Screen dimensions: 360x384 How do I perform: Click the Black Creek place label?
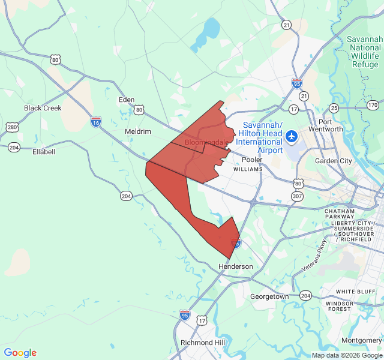click(x=43, y=108)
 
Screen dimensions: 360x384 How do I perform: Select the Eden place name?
click(x=127, y=100)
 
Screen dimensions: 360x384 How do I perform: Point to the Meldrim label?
click(x=137, y=131)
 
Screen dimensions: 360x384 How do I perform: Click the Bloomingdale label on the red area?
click(x=206, y=142)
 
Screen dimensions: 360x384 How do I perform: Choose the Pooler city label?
click(x=252, y=160)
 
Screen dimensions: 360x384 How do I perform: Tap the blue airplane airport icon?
click(x=292, y=136)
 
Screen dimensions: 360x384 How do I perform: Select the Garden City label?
click(x=334, y=161)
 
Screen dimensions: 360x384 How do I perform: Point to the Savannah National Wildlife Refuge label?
click(x=365, y=52)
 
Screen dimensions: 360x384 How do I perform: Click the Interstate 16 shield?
click(x=96, y=122)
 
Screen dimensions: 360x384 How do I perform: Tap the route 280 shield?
click(x=12, y=127)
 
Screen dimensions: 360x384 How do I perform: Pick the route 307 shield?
click(x=298, y=196)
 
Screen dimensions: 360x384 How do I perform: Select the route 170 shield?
click(x=373, y=105)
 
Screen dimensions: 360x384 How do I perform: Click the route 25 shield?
click(x=334, y=108)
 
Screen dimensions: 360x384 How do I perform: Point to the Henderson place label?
click(x=235, y=266)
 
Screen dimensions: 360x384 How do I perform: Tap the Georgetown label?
click(x=269, y=296)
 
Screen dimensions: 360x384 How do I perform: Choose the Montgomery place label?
click(x=361, y=340)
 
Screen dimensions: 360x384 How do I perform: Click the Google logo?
click(x=20, y=353)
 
